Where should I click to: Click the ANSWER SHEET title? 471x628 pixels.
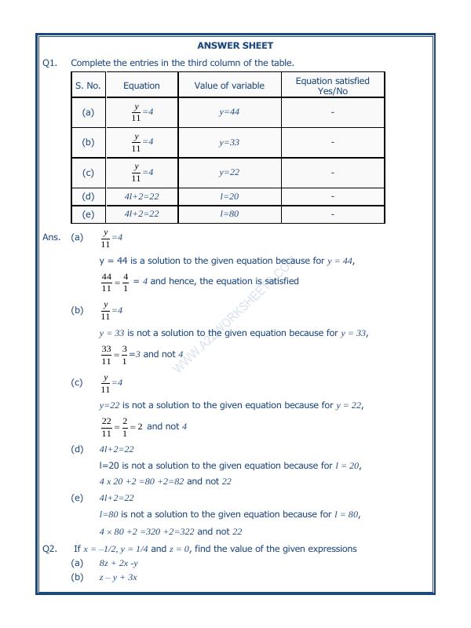pos(235,46)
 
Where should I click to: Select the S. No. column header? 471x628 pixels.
pos(88,86)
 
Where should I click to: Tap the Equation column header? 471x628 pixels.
pos(141,86)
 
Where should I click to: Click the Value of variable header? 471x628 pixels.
pos(229,86)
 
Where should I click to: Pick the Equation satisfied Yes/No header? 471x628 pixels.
pos(332,86)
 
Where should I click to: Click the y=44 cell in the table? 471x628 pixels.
pos(229,112)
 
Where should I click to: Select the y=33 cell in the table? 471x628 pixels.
pos(229,142)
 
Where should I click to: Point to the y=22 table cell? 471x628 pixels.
pos(229,172)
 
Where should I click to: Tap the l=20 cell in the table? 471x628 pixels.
pos(229,196)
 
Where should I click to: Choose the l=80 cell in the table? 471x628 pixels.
pos(229,214)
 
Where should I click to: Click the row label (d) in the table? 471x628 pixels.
pos(88,196)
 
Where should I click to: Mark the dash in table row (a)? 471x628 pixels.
pos(333,112)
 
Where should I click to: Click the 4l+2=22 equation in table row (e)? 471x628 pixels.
pos(141,214)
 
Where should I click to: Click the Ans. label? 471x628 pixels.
pos(51,236)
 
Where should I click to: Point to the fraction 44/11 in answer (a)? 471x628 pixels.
pos(107,281)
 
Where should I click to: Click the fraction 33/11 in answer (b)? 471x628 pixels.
pos(107,354)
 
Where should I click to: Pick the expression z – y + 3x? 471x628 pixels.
pos(119,577)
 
